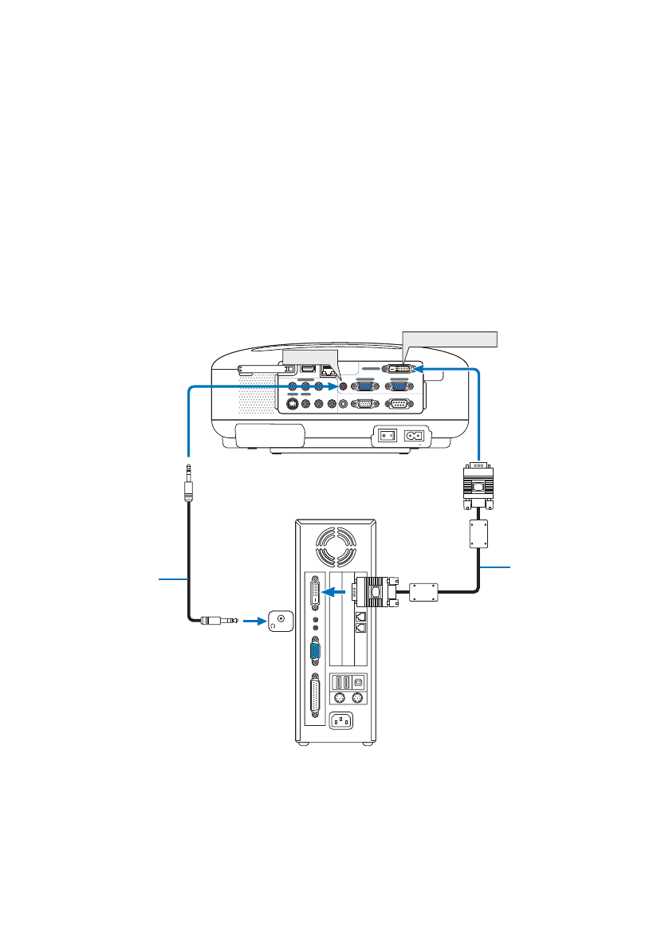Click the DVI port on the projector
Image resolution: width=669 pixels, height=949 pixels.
click(x=399, y=370)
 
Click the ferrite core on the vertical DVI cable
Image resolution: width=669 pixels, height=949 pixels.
click(x=479, y=533)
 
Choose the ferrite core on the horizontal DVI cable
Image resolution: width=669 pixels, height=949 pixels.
click(x=424, y=593)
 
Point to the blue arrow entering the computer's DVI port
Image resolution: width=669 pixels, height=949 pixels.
click(x=337, y=593)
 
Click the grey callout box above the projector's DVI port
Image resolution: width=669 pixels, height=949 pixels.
click(x=451, y=339)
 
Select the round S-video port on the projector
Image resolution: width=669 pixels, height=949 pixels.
click(x=293, y=404)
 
